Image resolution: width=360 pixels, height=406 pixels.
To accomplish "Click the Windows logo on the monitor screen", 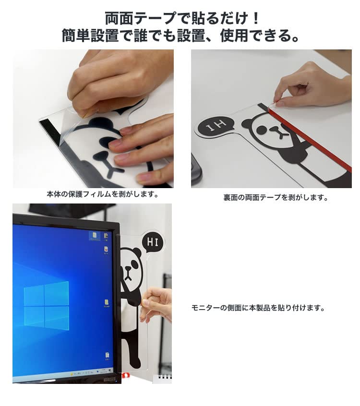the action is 47,306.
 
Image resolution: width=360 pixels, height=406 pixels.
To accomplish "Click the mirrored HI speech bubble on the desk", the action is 216,126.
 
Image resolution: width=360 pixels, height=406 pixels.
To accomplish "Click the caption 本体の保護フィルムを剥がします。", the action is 102,194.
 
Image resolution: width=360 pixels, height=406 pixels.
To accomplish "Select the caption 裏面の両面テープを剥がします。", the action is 276,198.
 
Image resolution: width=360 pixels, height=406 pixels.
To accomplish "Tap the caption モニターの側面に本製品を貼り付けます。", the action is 258,308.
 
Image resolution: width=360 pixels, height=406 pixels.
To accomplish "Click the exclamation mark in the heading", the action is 255,18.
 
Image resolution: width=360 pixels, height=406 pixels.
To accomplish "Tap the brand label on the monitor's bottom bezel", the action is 109,380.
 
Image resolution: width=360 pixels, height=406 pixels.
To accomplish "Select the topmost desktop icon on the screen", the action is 94,236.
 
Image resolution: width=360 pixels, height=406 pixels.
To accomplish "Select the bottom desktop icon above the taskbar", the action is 107,356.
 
